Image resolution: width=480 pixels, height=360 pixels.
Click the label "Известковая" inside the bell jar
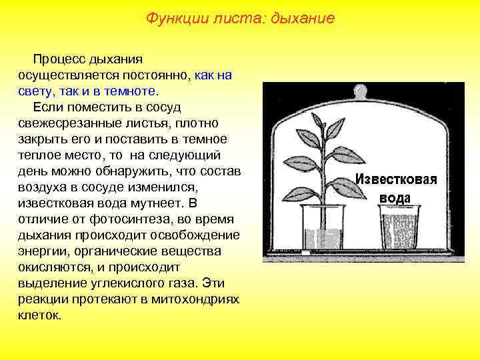point(395,179)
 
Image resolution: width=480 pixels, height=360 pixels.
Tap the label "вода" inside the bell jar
point(395,198)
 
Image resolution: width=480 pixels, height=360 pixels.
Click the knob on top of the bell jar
point(359,92)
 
